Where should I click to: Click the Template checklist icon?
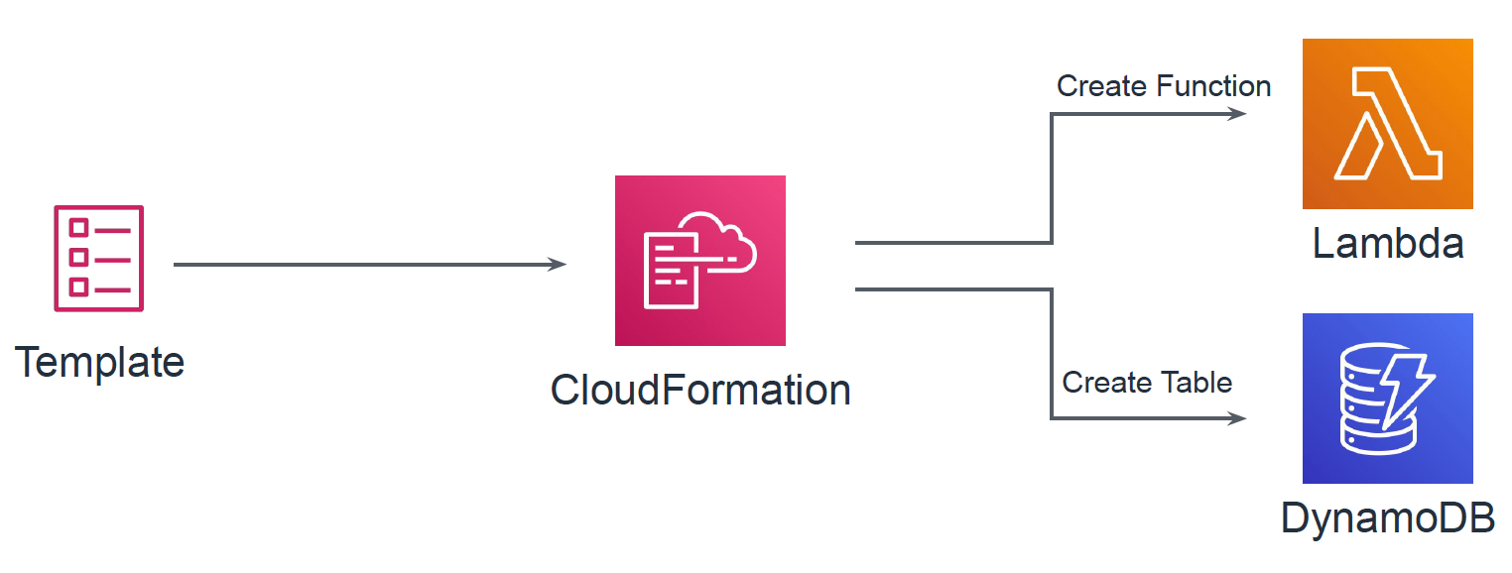pos(99,258)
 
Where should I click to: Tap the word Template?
pos(100,362)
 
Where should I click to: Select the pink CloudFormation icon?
pos(699,261)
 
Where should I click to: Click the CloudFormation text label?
pos(700,390)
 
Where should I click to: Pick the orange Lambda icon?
pos(1387,124)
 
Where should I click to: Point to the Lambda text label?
pos(1387,243)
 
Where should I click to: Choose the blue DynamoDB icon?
pos(1387,399)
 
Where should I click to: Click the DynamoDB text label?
pos(1387,517)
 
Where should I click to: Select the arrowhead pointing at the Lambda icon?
pos(1238,114)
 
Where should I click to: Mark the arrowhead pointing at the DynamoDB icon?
pos(1238,418)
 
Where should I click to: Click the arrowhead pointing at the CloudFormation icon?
pos(559,265)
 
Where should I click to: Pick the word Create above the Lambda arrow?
pos(1091,87)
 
